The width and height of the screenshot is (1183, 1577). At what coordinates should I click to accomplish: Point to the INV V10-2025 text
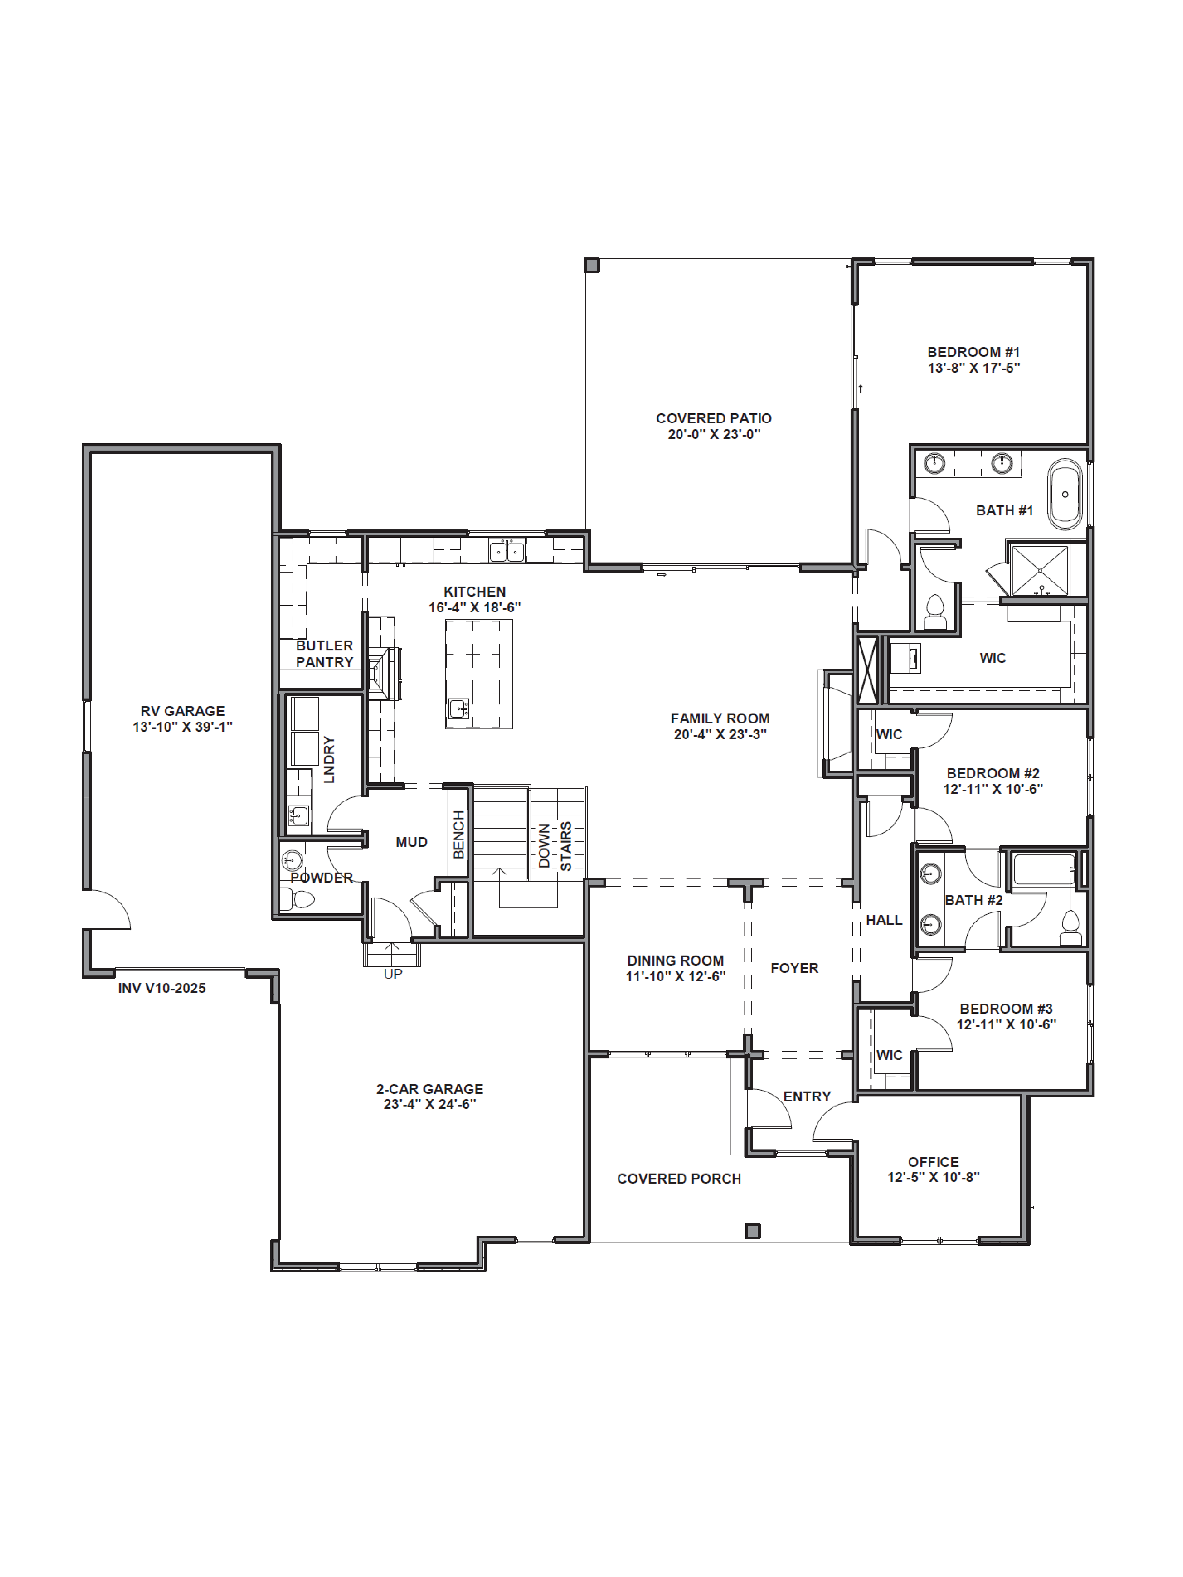162,988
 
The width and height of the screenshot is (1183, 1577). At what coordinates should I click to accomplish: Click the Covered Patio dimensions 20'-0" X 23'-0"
714,434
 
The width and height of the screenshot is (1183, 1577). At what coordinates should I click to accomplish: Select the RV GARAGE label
183,711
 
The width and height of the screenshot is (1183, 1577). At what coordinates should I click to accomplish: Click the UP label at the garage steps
393,974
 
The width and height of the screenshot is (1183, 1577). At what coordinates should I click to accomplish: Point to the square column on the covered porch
753,1231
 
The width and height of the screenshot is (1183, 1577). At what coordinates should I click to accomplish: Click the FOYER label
794,968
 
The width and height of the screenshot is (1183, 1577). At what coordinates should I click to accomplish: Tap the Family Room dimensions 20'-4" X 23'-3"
720,734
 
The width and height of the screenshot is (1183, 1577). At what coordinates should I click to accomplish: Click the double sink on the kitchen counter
507,551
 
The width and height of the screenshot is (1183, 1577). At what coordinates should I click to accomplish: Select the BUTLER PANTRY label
325,654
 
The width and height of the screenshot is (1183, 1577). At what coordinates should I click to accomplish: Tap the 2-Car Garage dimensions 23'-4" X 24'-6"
429,1104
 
